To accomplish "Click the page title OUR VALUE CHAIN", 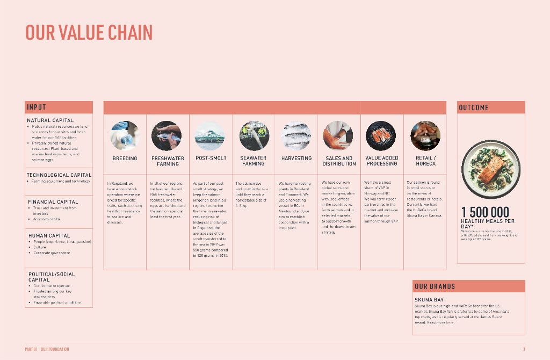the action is tap(89, 32).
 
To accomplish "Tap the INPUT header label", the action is tap(37, 107).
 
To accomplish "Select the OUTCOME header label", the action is tap(474, 107).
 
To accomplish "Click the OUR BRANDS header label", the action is tap(435, 286).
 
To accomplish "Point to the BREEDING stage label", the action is tap(125, 159).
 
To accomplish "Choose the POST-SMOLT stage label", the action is tap(211, 159).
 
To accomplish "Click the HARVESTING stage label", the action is tap(296, 159).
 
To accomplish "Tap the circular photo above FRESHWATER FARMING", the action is tap(167, 135).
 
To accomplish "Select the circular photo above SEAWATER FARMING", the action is tap(254, 135).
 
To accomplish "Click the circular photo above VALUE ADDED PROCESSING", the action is tap(381, 135).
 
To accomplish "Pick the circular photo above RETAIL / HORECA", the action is tap(425, 135).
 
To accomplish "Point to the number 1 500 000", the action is tap(485, 212).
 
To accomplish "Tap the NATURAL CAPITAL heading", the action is tap(50, 120).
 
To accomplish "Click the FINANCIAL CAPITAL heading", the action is tap(53, 202).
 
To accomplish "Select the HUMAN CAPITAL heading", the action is tap(49, 236).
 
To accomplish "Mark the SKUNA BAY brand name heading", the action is tap(429, 300).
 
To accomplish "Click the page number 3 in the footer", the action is tap(524, 349).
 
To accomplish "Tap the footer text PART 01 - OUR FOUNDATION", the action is tap(47, 349).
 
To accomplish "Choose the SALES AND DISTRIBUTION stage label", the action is tap(339, 161).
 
